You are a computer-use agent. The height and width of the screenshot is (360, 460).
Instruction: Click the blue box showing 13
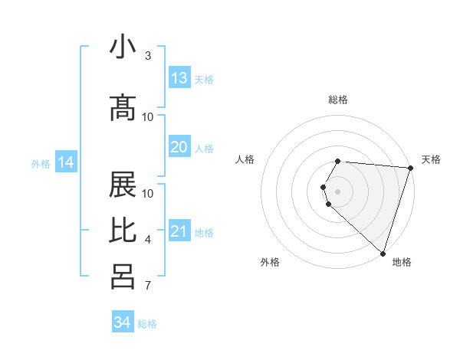pyautogui.click(x=179, y=78)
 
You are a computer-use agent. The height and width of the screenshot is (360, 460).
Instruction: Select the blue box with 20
pyautogui.click(x=179, y=147)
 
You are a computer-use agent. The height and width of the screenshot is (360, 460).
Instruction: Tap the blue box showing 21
pyautogui.click(x=179, y=231)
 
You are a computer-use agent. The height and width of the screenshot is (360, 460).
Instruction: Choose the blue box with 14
pyautogui.click(x=66, y=162)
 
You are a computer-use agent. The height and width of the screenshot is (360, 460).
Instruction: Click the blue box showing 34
pyautogui.click(x=123, y=322)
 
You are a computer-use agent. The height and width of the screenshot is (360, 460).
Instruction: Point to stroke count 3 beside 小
pyautogui.click(x=147, y=56)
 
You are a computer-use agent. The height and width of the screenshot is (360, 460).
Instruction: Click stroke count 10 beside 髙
pyautogui.click(x=148, y=117)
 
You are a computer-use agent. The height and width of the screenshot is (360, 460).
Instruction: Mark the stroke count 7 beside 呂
pyautogui.click(x=147, y=286)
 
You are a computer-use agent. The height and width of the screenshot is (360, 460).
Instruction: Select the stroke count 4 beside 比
pyautogui.click(x=147, y=240)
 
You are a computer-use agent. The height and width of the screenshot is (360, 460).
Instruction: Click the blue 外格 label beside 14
pyautogui.click(x=41, y=163)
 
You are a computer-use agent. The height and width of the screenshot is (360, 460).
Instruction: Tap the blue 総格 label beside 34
pyautogui.click(x=147, y=324)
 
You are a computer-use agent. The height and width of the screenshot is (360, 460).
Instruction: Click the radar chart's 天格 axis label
pyautogui.click(x=431, y=159)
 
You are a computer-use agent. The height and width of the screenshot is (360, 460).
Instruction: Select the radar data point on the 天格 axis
pyautogui.click(x=410, y=168)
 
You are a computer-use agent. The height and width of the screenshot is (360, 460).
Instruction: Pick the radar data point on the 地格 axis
pyautogui.click(x=383, y=253)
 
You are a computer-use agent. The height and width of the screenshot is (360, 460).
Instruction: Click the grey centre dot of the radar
pyautogui.click(x=338, y=191)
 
